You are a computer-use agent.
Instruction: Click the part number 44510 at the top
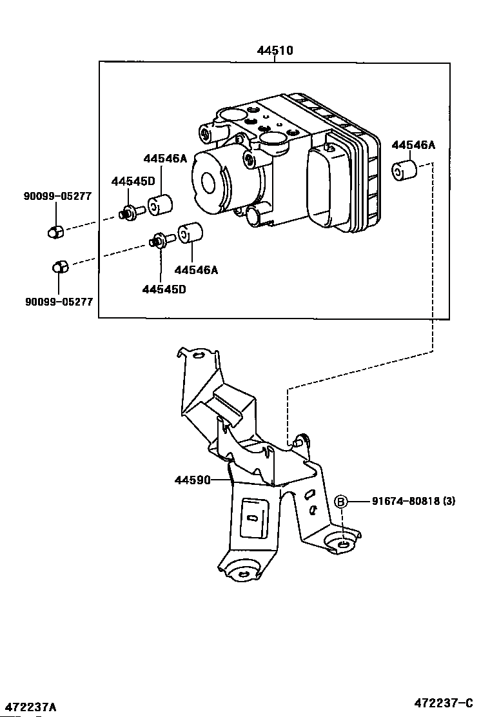click(x=275, y=50)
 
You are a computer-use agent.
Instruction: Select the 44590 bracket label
click(x=192, y=480)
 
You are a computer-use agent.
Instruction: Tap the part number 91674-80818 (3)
click(x=413, y=501)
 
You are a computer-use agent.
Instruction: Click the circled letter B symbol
click(x=341, y=502)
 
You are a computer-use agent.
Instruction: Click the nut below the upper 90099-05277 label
click(x=55, y=231)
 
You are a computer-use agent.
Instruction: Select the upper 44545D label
click(x=132, y=182)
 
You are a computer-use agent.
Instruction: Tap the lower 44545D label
click(x=164, y=290)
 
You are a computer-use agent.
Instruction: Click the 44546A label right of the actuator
click(x=413, y=145)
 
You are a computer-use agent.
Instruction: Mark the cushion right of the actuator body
click(x=405, y=171)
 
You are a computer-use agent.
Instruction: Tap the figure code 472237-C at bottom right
click(x=445, y=703)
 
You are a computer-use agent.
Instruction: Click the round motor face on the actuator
click(x=210, y=182)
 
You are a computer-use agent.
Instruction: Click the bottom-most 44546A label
click(x=196, y=270)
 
